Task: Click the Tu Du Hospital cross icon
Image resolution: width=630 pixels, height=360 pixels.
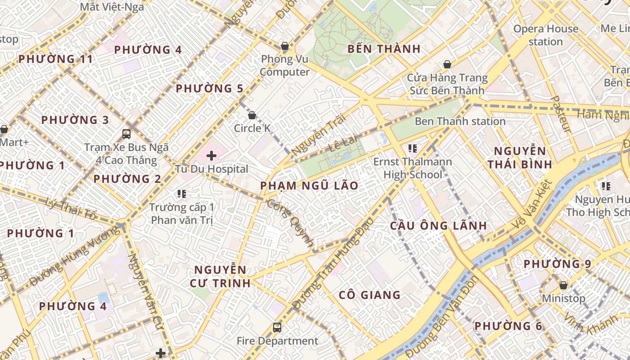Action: click(x=211, y=156)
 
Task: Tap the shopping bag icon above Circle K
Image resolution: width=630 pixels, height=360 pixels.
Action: click(x=252, y=115)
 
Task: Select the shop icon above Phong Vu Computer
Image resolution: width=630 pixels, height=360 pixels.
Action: click(x=284, y=45)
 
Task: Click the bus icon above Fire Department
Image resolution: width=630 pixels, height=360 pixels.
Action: click(x=277, y=328)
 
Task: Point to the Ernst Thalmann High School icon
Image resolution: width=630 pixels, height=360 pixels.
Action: click(x=412, y=148)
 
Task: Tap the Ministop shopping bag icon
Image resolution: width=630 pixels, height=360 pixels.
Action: click(x=563, y=285)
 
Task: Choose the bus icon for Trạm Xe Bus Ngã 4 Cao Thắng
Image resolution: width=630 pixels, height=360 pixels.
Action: click(x=126, y=134)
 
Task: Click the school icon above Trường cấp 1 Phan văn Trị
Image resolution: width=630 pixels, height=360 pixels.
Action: click(x=182, y=194)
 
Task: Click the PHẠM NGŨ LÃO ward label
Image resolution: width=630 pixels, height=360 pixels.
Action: click(x=310, y=185)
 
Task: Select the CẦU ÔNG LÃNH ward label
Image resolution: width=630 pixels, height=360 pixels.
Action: click(x=438, y=225)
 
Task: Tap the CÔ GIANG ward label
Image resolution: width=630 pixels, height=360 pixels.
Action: click(x=369, y=295)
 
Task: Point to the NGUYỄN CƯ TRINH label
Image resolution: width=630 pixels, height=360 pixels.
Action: click(x=222, y=276)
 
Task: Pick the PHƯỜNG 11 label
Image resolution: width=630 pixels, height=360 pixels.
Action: click(x=55, y=59)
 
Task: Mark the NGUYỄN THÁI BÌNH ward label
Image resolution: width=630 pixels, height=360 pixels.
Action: click(x=520, y=157)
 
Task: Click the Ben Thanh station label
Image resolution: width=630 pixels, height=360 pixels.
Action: click(x=460, y=121)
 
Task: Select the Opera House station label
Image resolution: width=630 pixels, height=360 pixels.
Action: click(x=546, y=35)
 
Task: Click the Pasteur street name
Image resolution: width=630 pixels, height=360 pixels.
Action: click(x=561, y=114)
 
